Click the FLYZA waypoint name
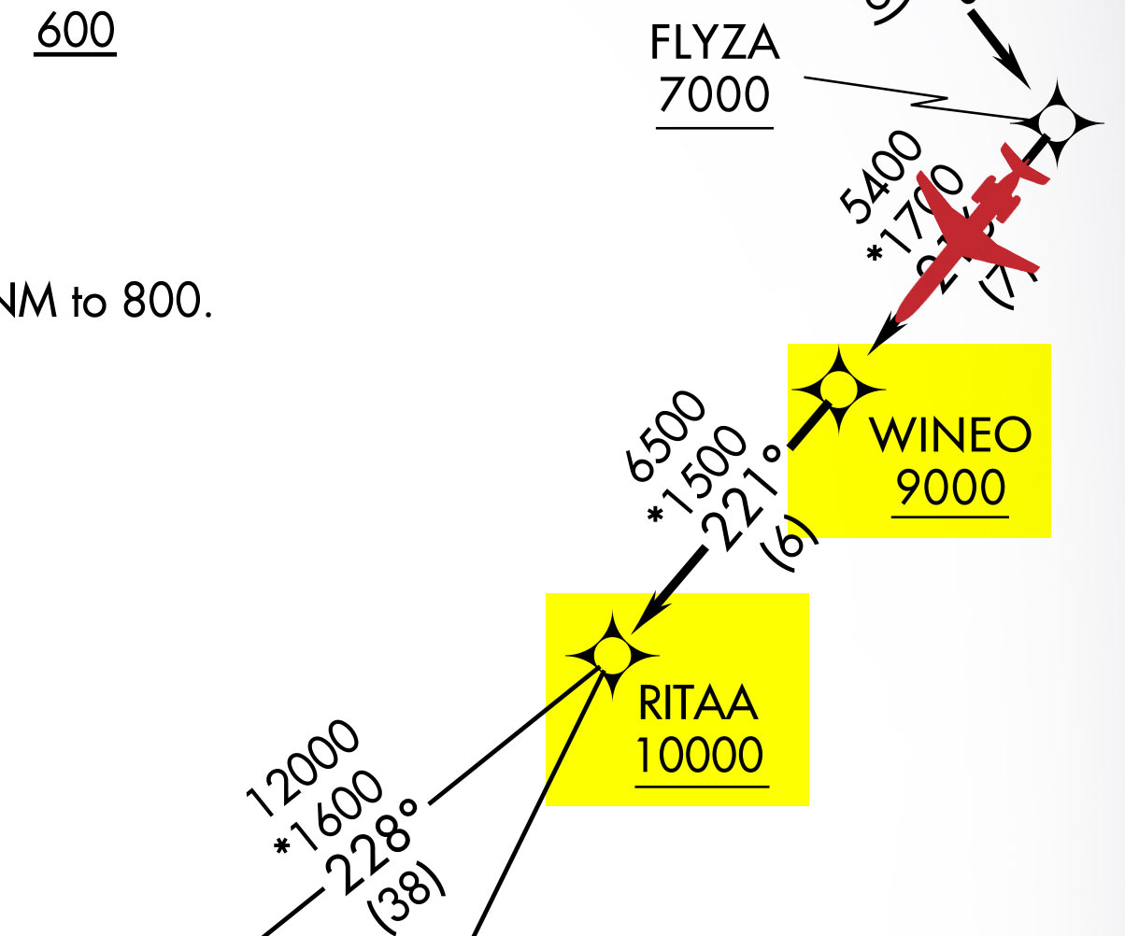pos(715,44)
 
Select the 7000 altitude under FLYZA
pos(715,94)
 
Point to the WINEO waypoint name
pos(950,435)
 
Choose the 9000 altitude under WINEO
pos(950,487)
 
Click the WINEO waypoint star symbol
pos(838,388)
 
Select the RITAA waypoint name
pos(698,703)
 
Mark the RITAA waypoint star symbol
pos(612,654)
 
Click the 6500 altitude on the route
pos(666,434)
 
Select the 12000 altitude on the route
pos(302,762)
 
